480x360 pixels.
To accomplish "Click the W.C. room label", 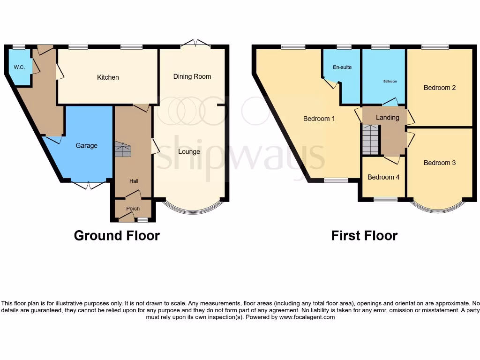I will click(x=19, y=67).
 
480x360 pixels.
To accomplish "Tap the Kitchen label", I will click(x=108, y=77).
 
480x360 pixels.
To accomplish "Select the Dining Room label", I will click(x=192, y=76).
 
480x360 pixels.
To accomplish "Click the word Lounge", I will click(x=189, y=151).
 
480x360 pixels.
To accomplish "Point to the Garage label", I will click(x=87, y=145).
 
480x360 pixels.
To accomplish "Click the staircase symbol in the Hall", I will click(x=123, y=150).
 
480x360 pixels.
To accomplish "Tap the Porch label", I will click(x=133, y=209).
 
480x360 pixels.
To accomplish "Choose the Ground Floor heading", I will click(x=117, y=235).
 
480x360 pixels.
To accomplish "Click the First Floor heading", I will click(x=364, y=235).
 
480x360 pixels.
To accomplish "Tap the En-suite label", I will click(x=342, y=67).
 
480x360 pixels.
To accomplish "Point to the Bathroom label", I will click(x=390, y=82).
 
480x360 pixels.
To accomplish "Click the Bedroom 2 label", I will click(x=440, y=88).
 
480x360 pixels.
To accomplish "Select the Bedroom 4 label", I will click(x=383, y=177).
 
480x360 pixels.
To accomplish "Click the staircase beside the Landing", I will click(x=370, y=139).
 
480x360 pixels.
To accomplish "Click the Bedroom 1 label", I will click(x=319, y=119).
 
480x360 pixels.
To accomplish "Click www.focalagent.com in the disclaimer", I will click(x=307, y=317).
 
